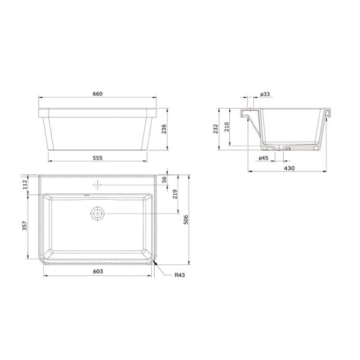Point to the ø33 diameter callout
click(264, 94)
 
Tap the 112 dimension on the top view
click(25, 185)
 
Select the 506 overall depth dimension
click(187, 220)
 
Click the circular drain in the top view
click(97, 213)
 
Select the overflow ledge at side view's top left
click(247, 113)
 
